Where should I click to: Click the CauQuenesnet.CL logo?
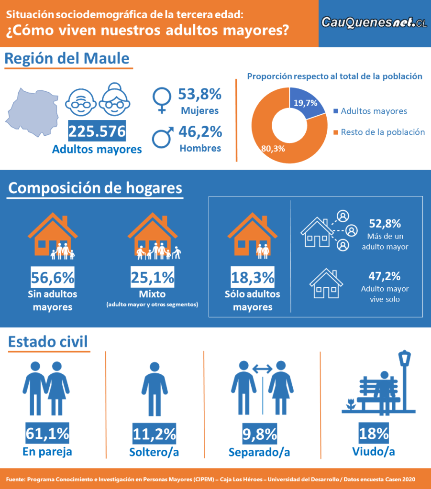click(374, 22)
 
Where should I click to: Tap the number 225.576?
click(97, 131)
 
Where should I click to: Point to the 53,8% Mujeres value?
click(199, 94)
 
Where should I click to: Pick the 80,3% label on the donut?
click(273, 148)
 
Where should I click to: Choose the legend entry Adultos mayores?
click(374, 111)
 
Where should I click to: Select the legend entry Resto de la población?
click(383, 132)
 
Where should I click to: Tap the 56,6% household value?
click(52, 277)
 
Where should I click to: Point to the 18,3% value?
click(252, 277)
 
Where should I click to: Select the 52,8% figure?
click(385, 224)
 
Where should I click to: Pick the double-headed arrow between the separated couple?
click(262, 369)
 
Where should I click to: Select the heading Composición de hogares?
click(95, 188)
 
